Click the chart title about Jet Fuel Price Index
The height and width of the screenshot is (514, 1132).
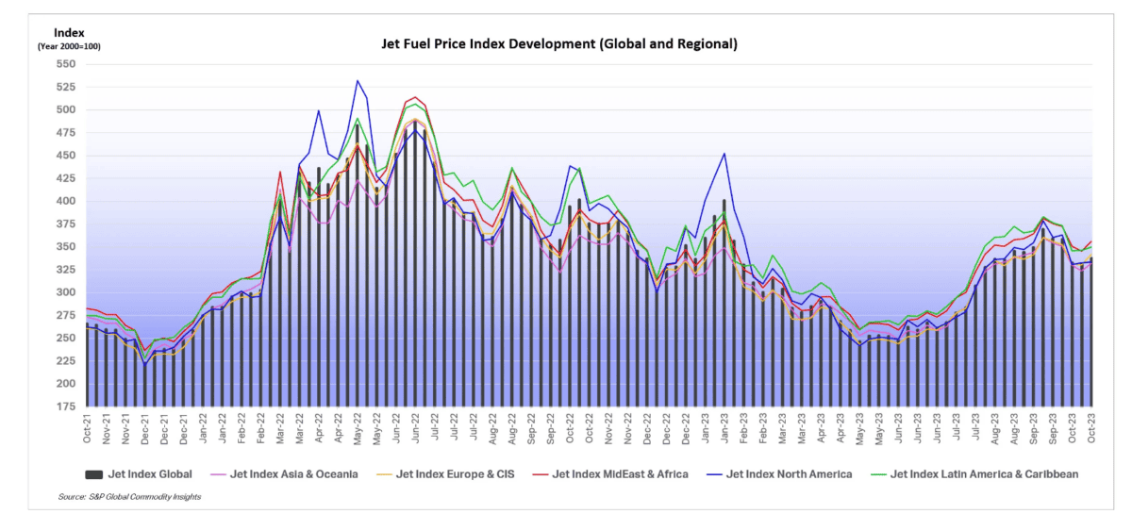pyautogui.click(x=558, y=43)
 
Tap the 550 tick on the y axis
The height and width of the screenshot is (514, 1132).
pyautogui.click(x=64, y=64)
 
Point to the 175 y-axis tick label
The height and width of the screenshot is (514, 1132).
pyautogui.click(x=64, y=406)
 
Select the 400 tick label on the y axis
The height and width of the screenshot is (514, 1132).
pyautogui.click(x=64, y=201)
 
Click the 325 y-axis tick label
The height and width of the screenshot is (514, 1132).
pyautogui.click(x=64, y=270)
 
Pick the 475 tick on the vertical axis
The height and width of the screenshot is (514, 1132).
pyautogui.click(x=64, y=133)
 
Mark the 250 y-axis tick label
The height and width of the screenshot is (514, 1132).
pyautogui.click(x=64, y=338)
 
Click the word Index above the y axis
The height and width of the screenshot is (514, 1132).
pyautogui.click(x=69, y=32)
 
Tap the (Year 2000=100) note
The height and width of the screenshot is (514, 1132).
pyautogui.click(x=69, y=46)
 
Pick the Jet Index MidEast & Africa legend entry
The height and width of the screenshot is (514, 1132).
pyautogui.click(x=619, y=474)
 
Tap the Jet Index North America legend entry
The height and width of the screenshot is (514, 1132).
pyautogui.click(x=784, y=474)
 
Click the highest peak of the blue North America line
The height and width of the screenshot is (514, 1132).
pyautogui.click(x=358, y=81)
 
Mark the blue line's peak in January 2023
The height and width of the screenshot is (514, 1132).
pyautogui.click(x=724, y=154)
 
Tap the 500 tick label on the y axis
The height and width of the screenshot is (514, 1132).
pyautogui.click(x=64, y=109)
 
